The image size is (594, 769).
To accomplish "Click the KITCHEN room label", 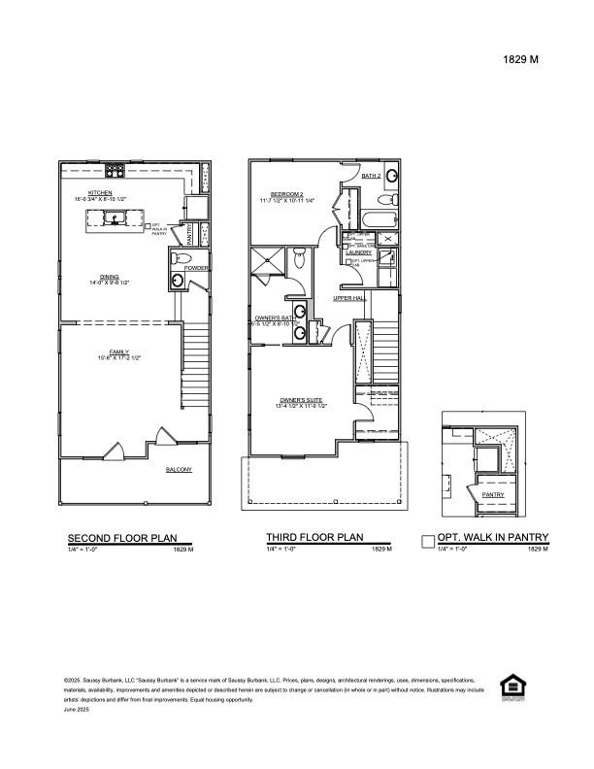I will [100, 193].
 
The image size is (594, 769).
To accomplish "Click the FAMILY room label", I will [118, 352].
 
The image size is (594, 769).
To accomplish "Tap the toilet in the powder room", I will [181, 258].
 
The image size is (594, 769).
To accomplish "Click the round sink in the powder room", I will [178, 283].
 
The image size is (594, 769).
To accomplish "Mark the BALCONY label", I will [179, 470].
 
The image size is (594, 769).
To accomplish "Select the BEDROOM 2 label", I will [288, 194].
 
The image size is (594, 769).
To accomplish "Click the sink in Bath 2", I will [390, 177].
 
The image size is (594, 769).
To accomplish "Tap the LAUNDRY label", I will [358, 253].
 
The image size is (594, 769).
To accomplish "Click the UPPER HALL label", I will [347, 298].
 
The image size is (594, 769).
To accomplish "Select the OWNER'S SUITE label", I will [301, 400].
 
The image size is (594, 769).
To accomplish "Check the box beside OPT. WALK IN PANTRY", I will [428, 542].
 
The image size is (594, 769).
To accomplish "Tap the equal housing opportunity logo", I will [511, 685].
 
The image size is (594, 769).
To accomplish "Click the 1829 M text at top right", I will [520, 59].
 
